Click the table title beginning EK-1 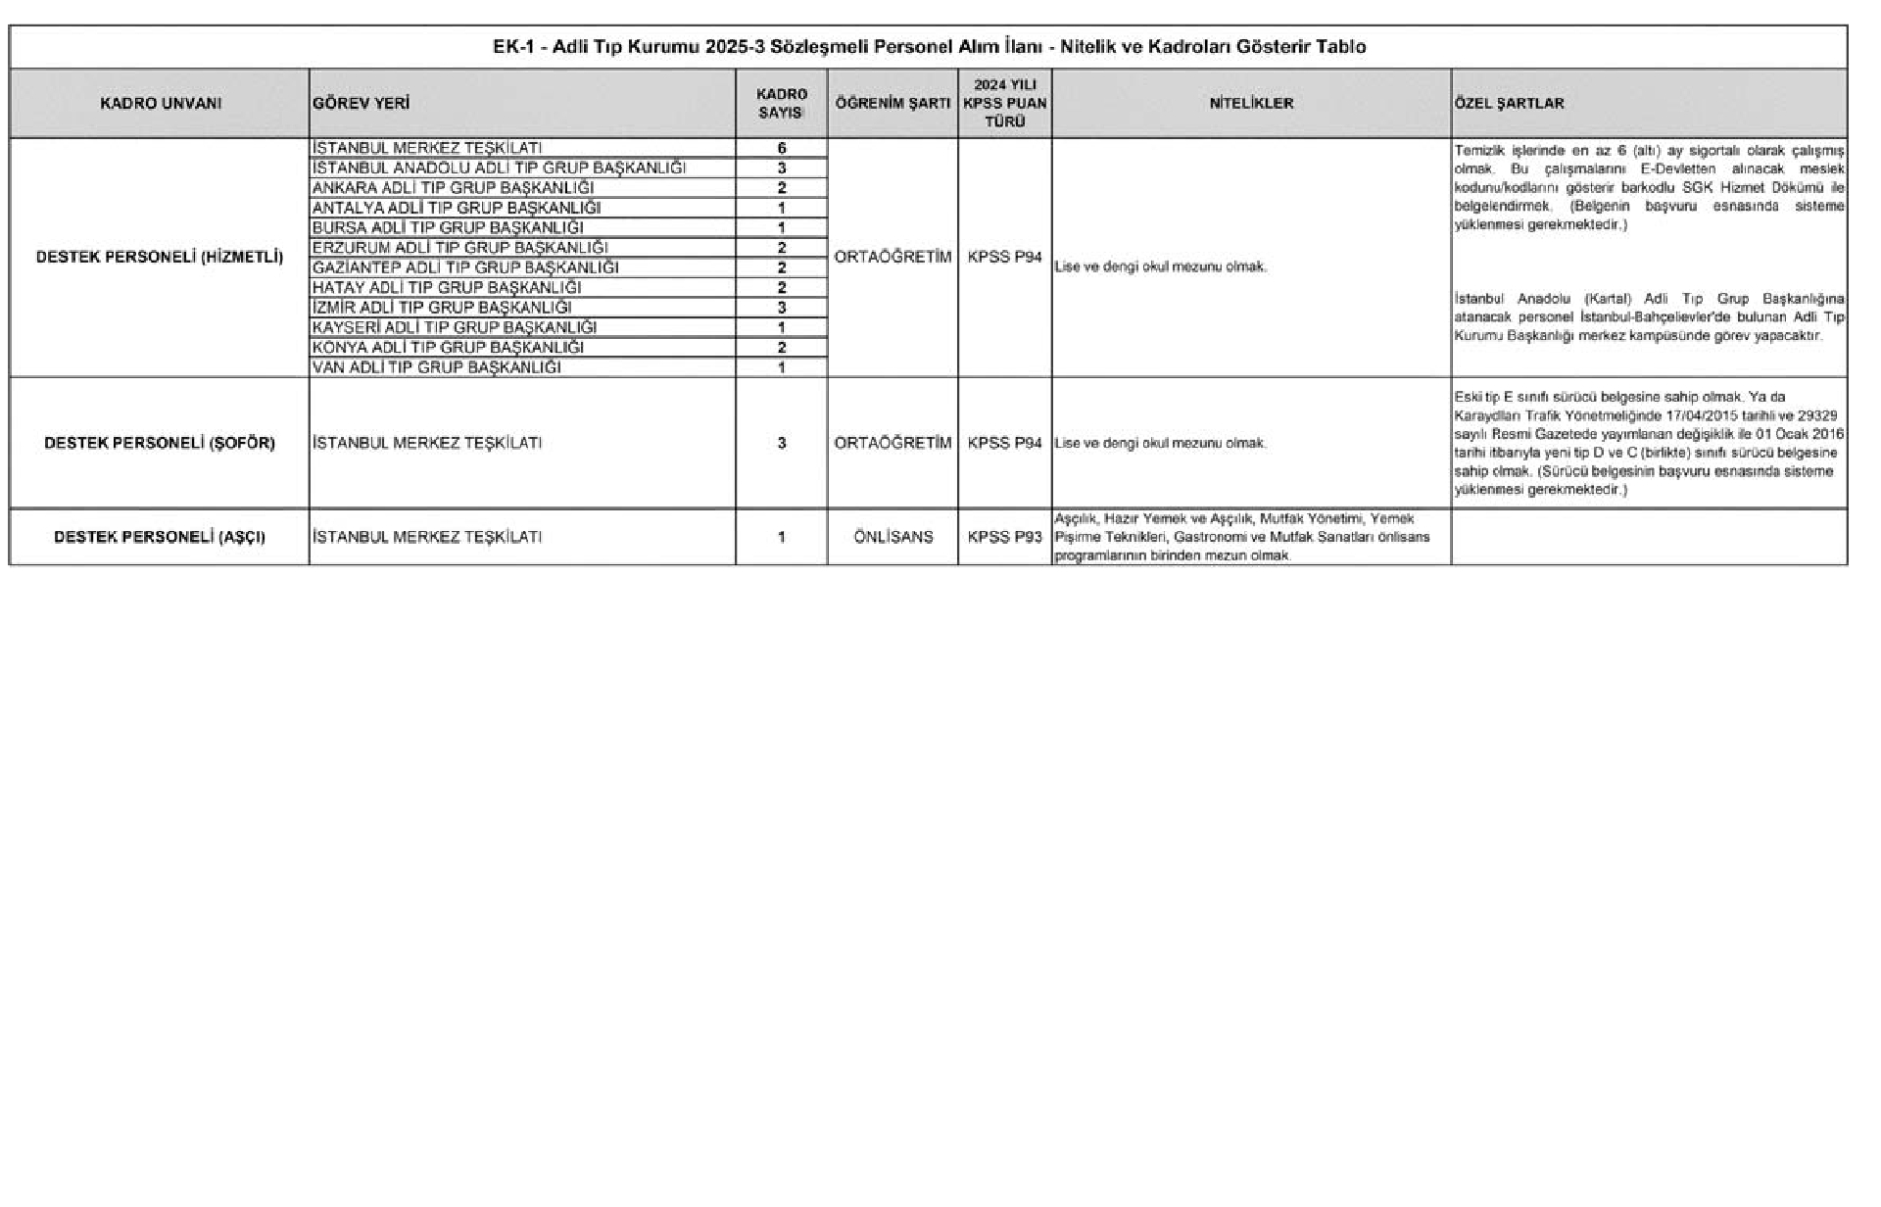point(929,47)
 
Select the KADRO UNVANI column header point(161,103)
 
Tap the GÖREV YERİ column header point(361,103)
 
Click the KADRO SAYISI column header point(782,103)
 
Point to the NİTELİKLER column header point(1251,103)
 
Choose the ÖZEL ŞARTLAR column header point(1510,103)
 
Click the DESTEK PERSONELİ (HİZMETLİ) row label point(160,258)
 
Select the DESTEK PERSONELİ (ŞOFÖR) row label point(160,443)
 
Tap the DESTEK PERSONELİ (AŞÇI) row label point(160,537)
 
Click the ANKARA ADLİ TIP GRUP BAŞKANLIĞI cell point(453,188)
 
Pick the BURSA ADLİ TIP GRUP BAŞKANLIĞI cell point(448,227)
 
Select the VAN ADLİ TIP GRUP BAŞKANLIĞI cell point(437,367)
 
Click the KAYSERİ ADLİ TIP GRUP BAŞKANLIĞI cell point(455,327)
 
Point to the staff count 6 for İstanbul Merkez point(782,148)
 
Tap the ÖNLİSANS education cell point(892,537)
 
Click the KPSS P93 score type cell point(1004,537)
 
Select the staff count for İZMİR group point(782,308)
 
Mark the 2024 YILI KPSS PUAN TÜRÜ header point(1004,103)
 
